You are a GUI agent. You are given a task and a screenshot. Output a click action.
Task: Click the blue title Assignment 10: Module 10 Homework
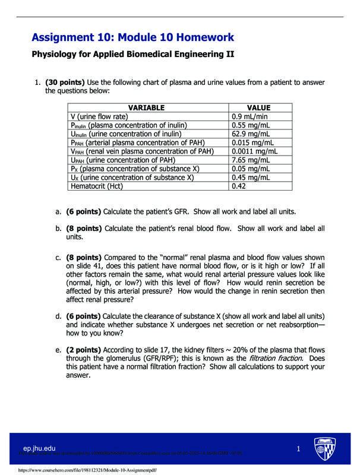pyautogui.click(x=132, y=37)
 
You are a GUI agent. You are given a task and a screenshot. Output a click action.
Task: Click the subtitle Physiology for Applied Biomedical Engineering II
pyautogui.click(x=132, y=55)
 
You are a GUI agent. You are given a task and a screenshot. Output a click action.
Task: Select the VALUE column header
pyautogui.click(x=258, y=107)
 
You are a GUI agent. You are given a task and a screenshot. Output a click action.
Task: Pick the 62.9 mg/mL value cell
pyautogui.click(x=252, y=134)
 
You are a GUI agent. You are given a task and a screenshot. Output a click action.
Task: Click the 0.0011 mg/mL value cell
pyautogui.click(x=254, y=151)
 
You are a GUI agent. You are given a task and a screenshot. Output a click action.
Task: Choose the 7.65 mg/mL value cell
pyautogui.click(x=252, y=160)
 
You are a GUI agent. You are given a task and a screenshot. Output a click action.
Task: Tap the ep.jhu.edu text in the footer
pyautogui.click(x=39, y=448)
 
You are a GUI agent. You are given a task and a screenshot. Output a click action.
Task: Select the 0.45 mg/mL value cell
pyautogui.click(x=252, y=178)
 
